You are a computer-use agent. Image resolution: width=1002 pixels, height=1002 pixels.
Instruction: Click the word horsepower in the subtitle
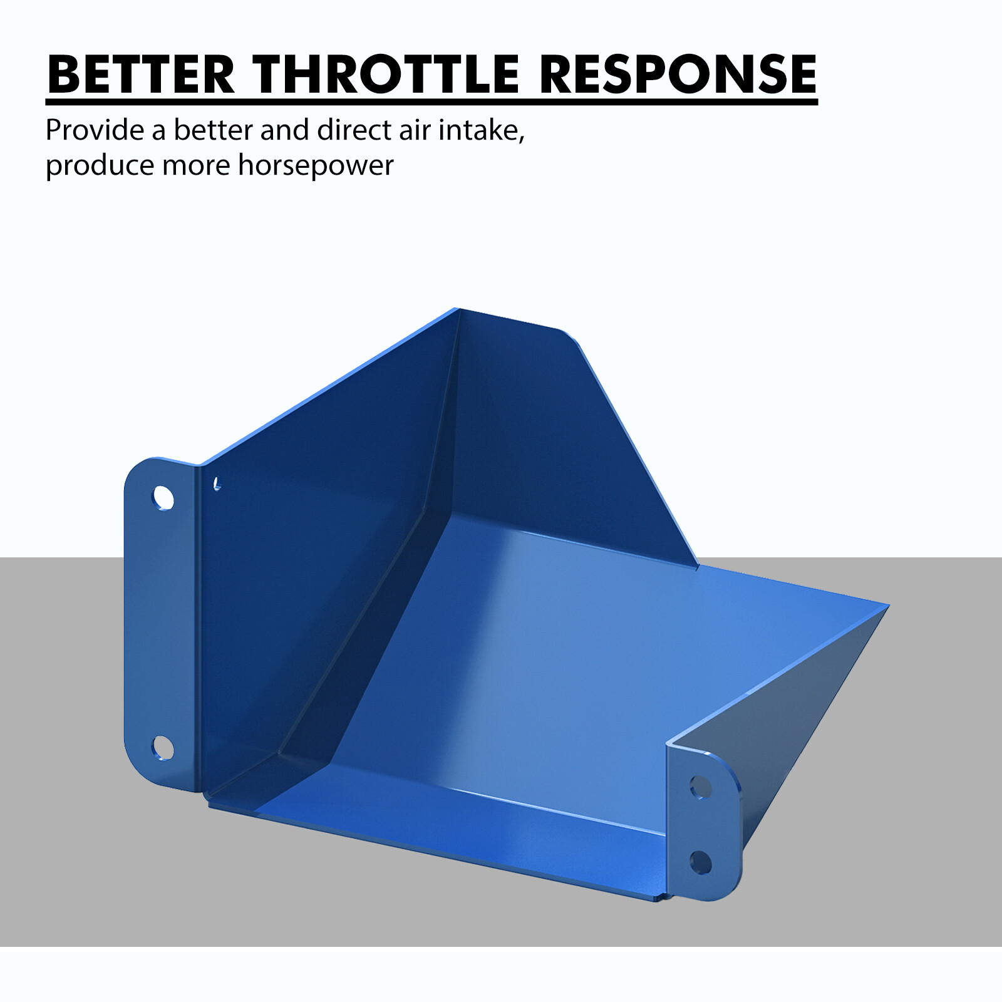pyautogui.click(x=316, y=166)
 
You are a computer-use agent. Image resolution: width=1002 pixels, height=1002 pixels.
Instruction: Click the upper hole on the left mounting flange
pyautogui.click(x=163, y=498)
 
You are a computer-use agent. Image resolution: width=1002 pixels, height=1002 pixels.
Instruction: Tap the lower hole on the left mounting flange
pyautogui.click(x=163, y=748)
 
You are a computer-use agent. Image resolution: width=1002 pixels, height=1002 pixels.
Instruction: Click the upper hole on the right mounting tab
pyautogui.click(x=700, y=787)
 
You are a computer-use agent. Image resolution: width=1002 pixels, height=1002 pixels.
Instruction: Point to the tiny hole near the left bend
pyautogui.click(x=217, y=483)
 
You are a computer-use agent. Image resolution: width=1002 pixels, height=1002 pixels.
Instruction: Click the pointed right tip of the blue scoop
pyautogui.click(x=888, y=605)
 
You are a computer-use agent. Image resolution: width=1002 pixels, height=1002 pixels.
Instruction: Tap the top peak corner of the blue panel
pyautogui.click(x=455, y=309)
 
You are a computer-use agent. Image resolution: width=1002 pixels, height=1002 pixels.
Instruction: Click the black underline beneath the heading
pyautogui.click(x=432, y=101)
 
